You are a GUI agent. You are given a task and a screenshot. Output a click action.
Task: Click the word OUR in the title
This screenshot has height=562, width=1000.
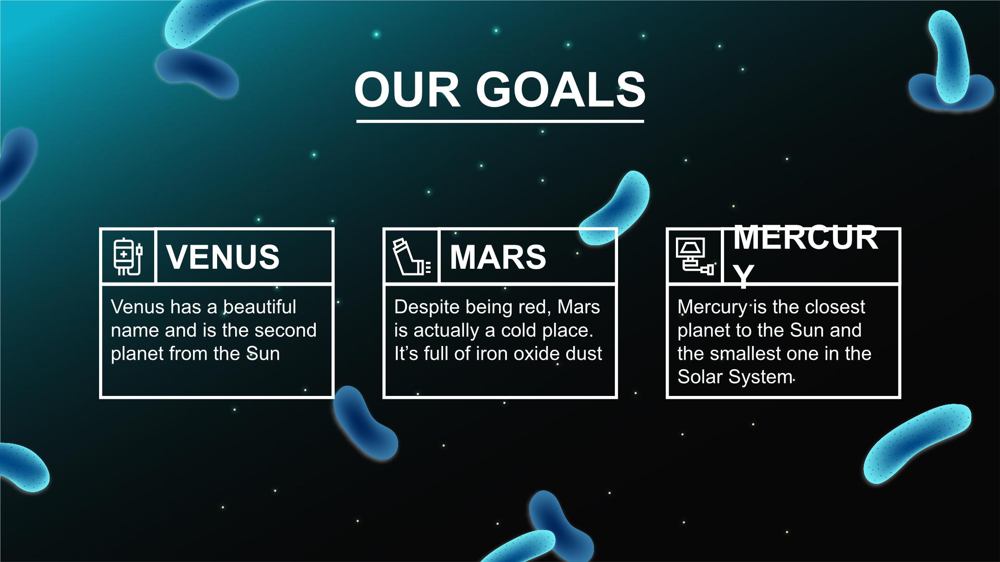(407, 89)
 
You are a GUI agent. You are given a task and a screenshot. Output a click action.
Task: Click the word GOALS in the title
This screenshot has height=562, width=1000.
(561, 89)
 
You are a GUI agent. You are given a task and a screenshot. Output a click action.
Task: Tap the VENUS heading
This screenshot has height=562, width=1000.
(223, 257)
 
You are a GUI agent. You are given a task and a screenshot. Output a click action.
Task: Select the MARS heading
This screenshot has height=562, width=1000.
(498, 257)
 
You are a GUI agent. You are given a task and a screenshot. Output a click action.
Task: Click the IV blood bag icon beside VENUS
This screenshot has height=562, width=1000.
(128, 257)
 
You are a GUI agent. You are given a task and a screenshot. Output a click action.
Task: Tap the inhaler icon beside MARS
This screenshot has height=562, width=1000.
(412, 257)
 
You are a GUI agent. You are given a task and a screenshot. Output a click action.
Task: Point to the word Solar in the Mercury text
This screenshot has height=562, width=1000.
(700, 377)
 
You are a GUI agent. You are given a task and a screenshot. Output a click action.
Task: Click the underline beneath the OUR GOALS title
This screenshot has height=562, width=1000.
(500, 121)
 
